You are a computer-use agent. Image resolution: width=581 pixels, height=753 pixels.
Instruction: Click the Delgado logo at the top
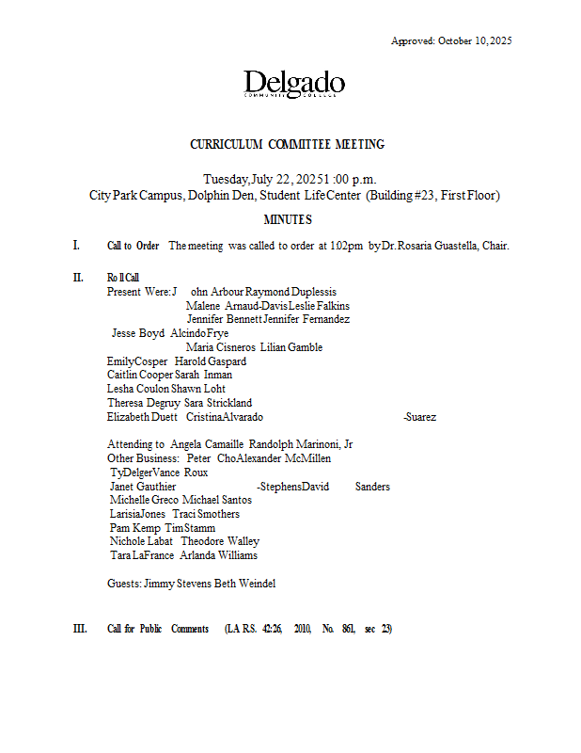[x=293, y=85]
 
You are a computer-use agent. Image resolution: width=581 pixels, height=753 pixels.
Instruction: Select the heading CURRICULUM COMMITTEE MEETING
[x=287, y=145]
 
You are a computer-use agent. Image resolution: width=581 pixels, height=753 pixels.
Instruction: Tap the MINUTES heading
[x=287, y=219]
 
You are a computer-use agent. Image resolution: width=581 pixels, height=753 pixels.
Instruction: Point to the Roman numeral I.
[x=76, y=246]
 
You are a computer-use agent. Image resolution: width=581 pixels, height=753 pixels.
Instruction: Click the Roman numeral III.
[x=79, y=629]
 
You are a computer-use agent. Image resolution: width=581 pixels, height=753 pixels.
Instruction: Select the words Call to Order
[x=133, y=247]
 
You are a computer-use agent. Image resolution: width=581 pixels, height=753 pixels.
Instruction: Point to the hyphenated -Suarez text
[x=419, y=417]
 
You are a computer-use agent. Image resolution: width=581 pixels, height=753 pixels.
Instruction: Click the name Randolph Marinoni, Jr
[x=301, y=444]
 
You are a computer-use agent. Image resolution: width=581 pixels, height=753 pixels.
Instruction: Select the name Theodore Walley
[x=220, y=542]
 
